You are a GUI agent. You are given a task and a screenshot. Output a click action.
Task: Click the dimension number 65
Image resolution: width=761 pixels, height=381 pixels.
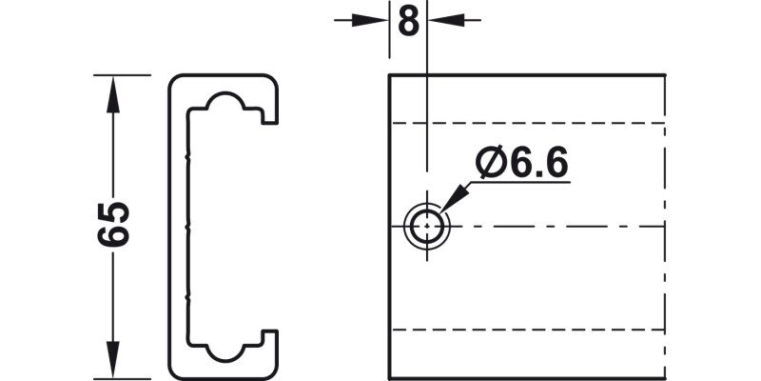[x=113, y=225]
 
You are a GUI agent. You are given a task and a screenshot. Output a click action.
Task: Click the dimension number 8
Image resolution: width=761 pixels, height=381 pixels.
[x=409, y=21]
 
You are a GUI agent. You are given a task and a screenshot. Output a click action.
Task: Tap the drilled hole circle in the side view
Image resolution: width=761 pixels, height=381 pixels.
[x=428, y=227]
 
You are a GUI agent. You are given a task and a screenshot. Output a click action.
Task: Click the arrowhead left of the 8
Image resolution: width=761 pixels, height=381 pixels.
[x=376, y=19]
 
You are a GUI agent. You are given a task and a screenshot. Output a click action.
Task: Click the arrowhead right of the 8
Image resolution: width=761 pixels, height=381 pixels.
[x=441, y=19]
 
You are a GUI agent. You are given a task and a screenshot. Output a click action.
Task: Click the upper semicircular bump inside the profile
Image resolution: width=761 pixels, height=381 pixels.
[x=228, y=101]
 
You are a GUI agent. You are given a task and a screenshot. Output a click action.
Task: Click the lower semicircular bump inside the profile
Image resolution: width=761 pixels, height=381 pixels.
[x=228, y=353]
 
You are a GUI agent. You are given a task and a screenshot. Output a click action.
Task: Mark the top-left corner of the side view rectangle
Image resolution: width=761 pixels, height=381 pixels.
[x=389, y=75]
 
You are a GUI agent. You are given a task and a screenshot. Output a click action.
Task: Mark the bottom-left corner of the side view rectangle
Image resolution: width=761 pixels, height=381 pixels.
[x=389, y=377]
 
